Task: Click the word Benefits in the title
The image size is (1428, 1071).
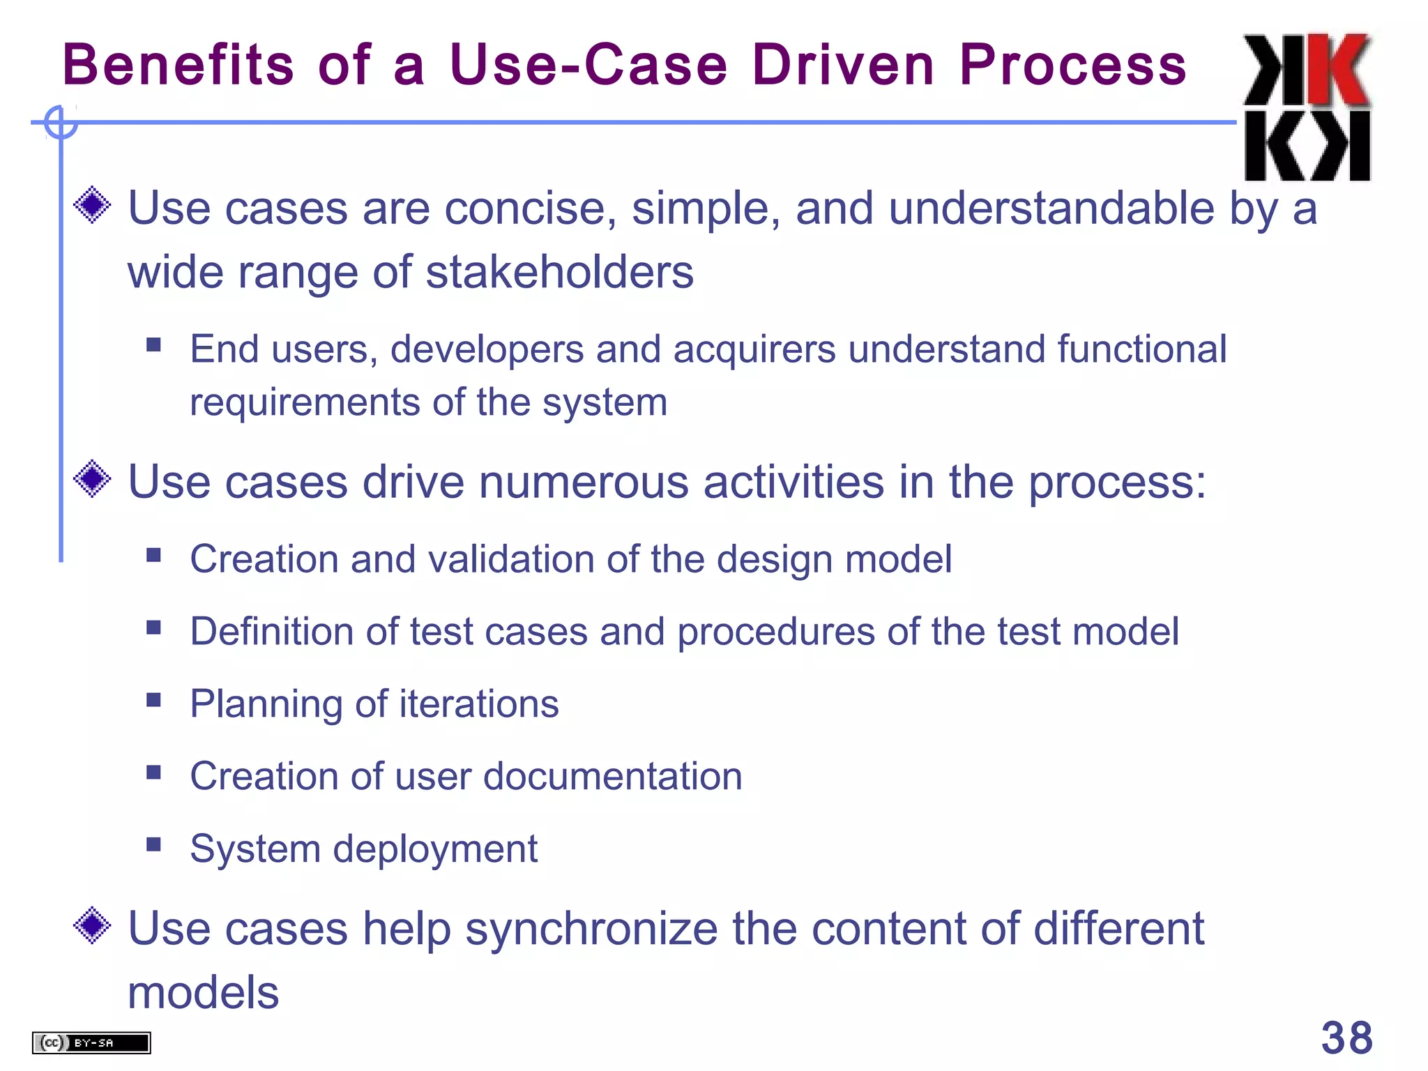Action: (x=178, y=64)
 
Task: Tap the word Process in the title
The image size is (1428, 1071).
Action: (x=1072, y=64)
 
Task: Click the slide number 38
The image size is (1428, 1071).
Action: (x=1346, y=1038)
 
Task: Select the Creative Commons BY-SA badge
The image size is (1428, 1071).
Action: (x=91, y=1042)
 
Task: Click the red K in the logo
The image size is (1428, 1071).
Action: (x=1337, y=70)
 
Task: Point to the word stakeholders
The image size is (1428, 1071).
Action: (x=559, y=272)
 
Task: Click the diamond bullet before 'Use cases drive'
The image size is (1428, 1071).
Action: (x=92, y=479)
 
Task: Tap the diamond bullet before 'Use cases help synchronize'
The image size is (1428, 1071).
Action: (x=92, y=926)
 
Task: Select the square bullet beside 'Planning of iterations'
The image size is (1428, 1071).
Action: (x=154, y=699)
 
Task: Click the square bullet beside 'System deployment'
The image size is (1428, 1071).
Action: (x=154, y=844)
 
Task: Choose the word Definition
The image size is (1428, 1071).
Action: (x=272, y=632)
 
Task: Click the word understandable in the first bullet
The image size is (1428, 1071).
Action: (x=1051, y=208)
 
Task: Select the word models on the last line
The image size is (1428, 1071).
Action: (x=203, y=992)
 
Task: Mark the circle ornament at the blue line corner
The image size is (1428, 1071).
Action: (x=60, y=123)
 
